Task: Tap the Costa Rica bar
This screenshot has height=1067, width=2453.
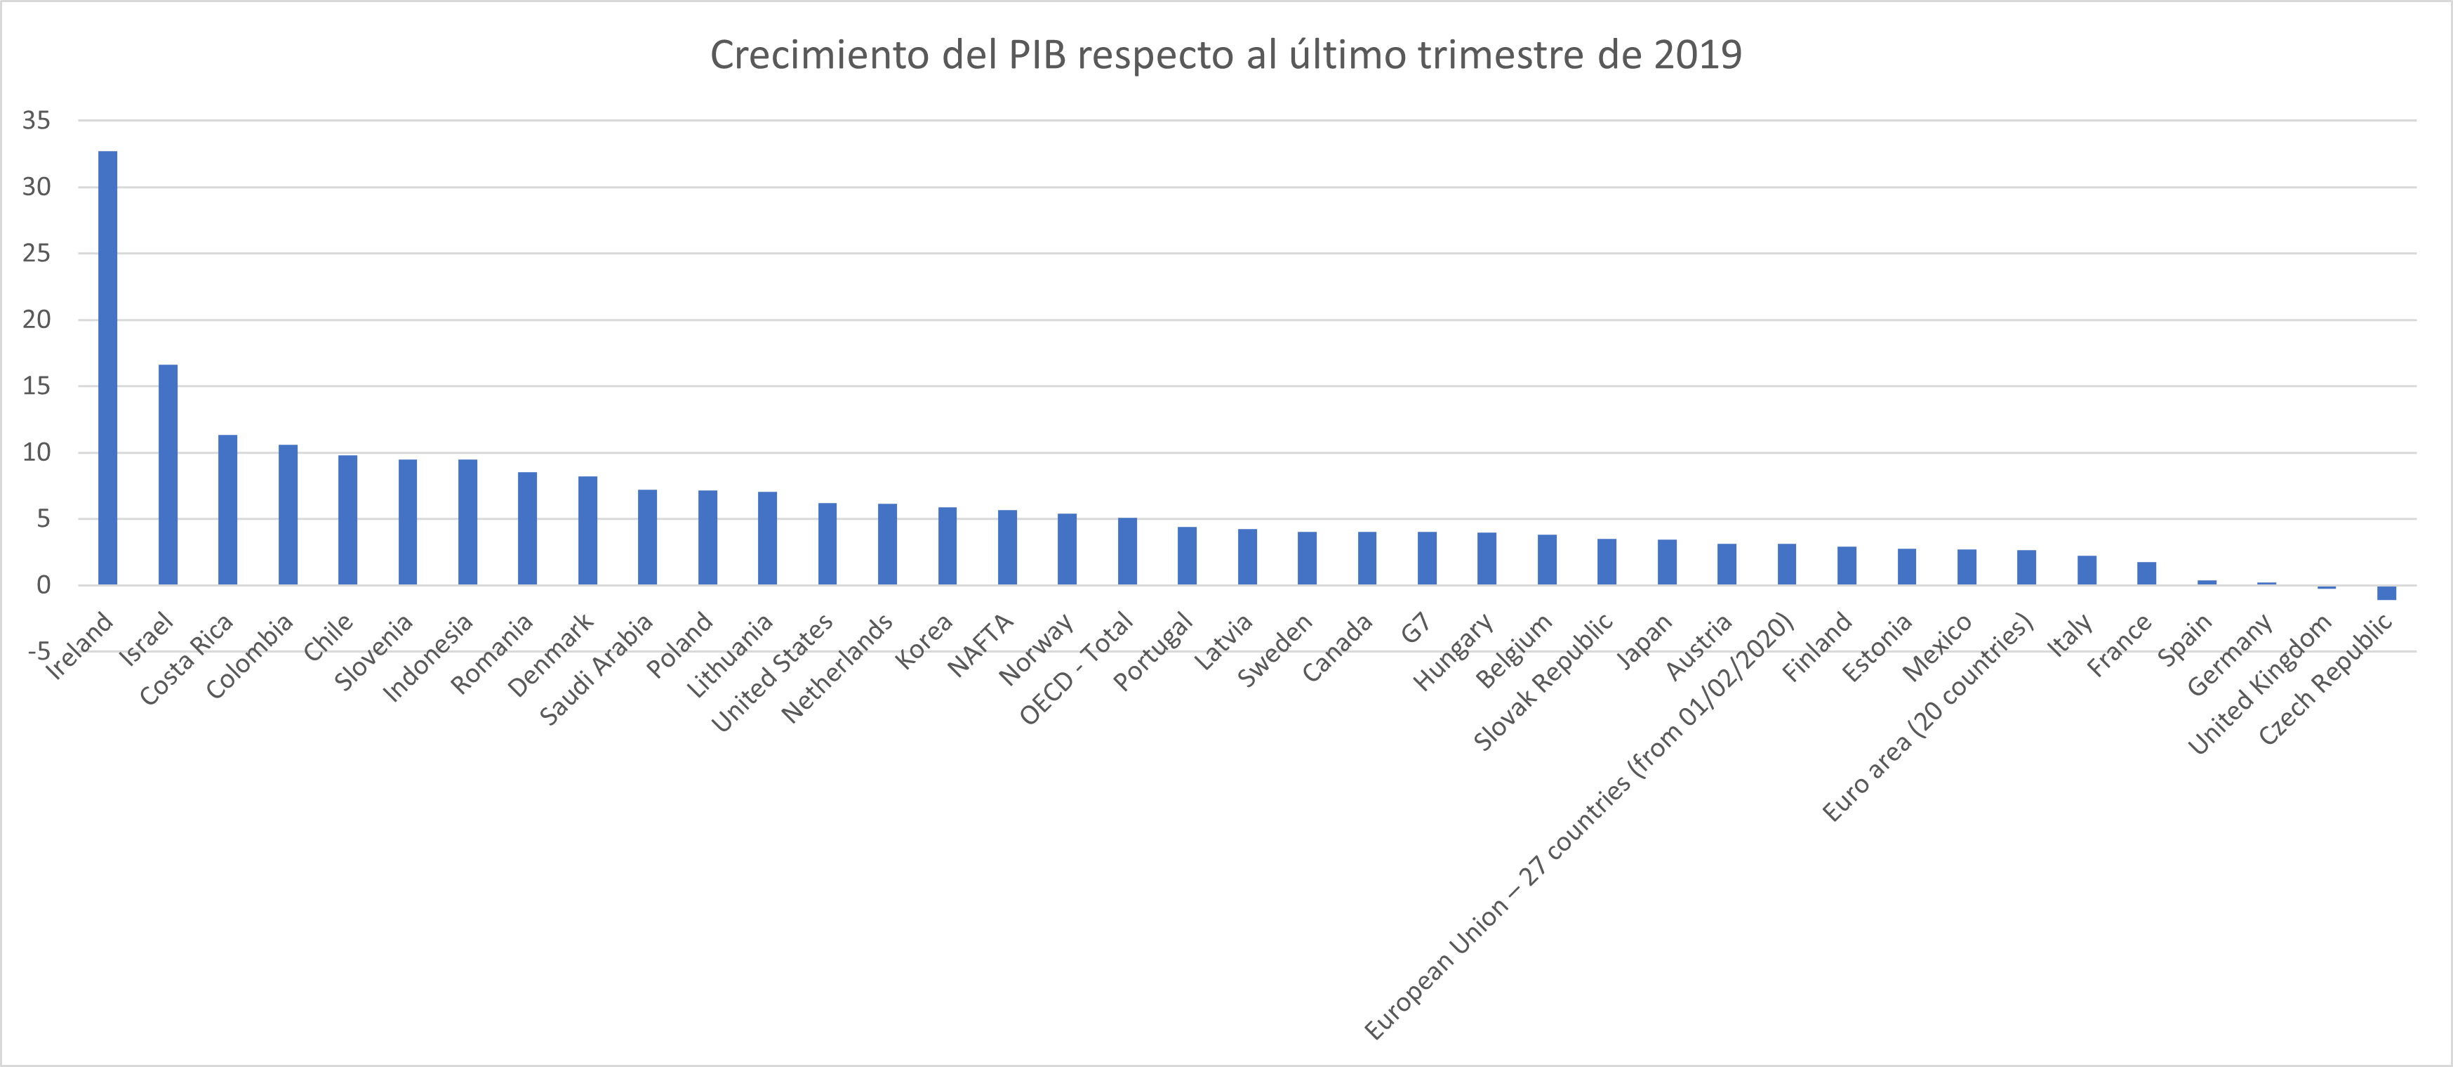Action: pyautogui.click(x=227, y=510)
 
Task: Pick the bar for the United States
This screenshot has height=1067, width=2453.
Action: pyautogui.click(x=827, y=544)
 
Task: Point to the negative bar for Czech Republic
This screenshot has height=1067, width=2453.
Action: pyautogui.click(x=2386, y=593)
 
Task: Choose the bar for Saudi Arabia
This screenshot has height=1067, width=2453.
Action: pyautogui.click(x=648, y=537)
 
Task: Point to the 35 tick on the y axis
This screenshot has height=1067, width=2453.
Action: pyautogui.click(x=36, y=120)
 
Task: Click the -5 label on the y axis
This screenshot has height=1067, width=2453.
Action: pyautogui.click(x=36, y=652)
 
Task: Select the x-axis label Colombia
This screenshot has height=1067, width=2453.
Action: pyautogui.click(x=249, y=657)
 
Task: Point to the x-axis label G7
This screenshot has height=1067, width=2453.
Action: pyautogui.click(x=1415, y=629)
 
